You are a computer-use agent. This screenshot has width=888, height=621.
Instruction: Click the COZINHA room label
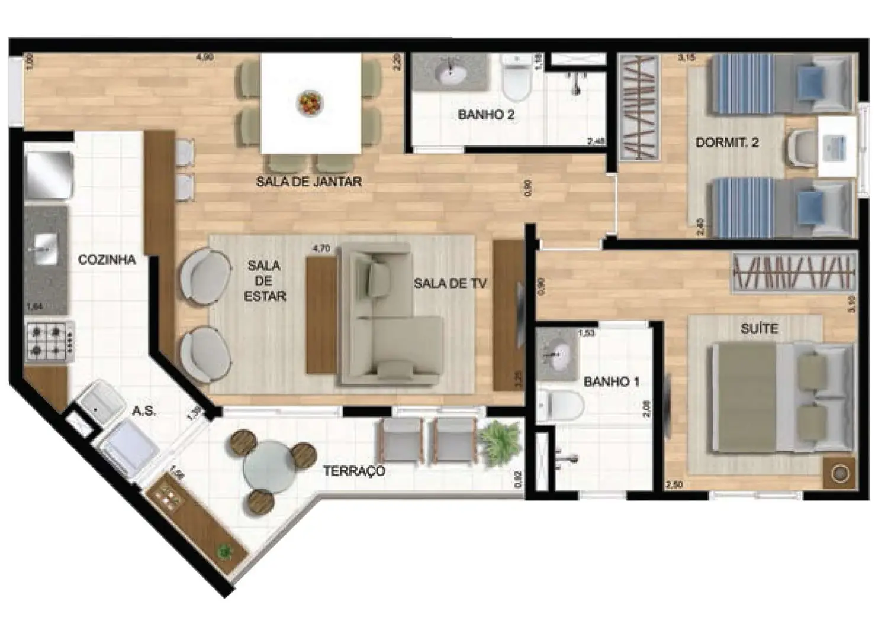(107, 260)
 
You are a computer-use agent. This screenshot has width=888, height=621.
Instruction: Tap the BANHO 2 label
(486, 115)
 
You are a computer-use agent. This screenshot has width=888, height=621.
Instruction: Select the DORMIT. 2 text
(727, 142)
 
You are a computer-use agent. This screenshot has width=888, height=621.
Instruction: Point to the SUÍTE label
(760, 328)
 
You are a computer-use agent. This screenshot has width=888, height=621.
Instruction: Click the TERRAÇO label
(354, 471)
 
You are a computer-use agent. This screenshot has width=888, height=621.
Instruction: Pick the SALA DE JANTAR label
(308, 182)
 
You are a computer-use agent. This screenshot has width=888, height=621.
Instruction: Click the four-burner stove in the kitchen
(49, 341)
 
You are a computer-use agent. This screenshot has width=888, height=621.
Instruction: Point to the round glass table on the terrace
(270, 465)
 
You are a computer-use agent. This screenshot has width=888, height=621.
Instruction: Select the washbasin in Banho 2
(451, 73)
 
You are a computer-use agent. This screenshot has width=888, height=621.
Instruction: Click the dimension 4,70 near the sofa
(320, 249)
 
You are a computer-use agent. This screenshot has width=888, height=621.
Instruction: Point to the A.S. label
(144, 410)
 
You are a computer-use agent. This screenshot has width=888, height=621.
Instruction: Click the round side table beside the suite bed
(840, 473)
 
